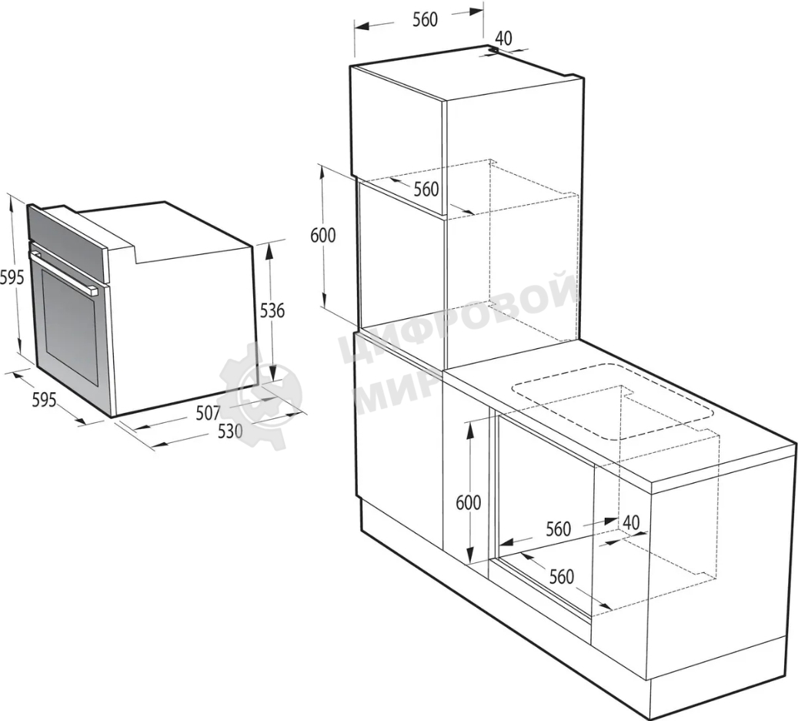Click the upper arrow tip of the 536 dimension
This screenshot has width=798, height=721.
(270, 243)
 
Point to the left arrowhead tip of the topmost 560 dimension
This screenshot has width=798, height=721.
(355, 27)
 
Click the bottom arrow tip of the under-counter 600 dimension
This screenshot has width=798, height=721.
(471, 562)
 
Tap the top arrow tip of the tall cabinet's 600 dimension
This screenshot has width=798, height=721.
(322, 166)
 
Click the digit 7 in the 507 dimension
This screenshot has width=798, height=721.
(216, 413)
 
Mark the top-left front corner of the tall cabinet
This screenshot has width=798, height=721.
(350, 67)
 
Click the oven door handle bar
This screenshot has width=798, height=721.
(62, 273)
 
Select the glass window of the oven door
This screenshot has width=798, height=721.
(70, 326)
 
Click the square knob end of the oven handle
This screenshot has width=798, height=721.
(93, 291)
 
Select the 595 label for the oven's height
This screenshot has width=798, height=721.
(12, 277)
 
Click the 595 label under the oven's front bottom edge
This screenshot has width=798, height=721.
(45, 401)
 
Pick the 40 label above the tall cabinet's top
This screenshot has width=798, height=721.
(504, 39)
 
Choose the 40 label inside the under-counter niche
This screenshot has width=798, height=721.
(631, 522)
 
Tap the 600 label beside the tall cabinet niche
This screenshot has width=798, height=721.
(323, 236)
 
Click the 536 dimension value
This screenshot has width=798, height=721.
(272, 310)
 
